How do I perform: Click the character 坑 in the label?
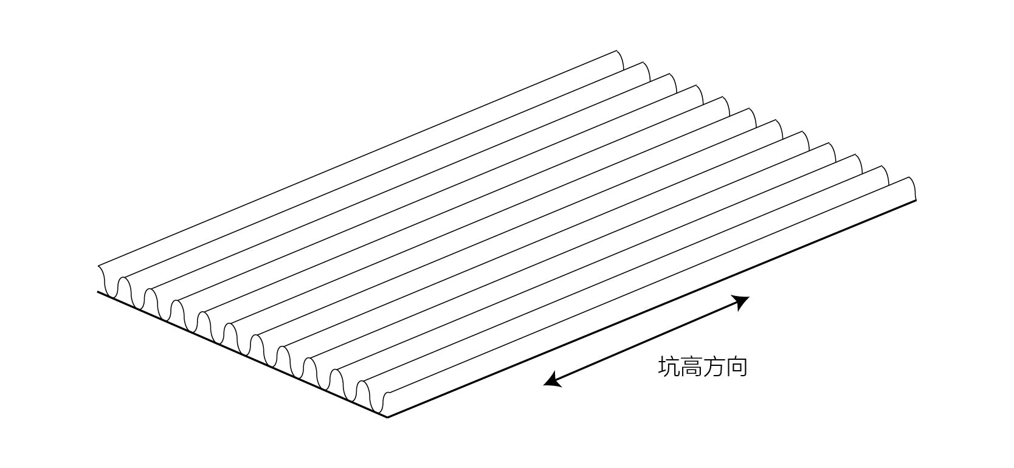669,368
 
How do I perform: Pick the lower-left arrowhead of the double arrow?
550,382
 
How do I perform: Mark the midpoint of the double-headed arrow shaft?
646,341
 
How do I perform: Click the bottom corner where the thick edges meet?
388,417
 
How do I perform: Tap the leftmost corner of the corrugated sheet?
98,292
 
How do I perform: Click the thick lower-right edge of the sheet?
650,309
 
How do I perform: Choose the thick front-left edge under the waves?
243,354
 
